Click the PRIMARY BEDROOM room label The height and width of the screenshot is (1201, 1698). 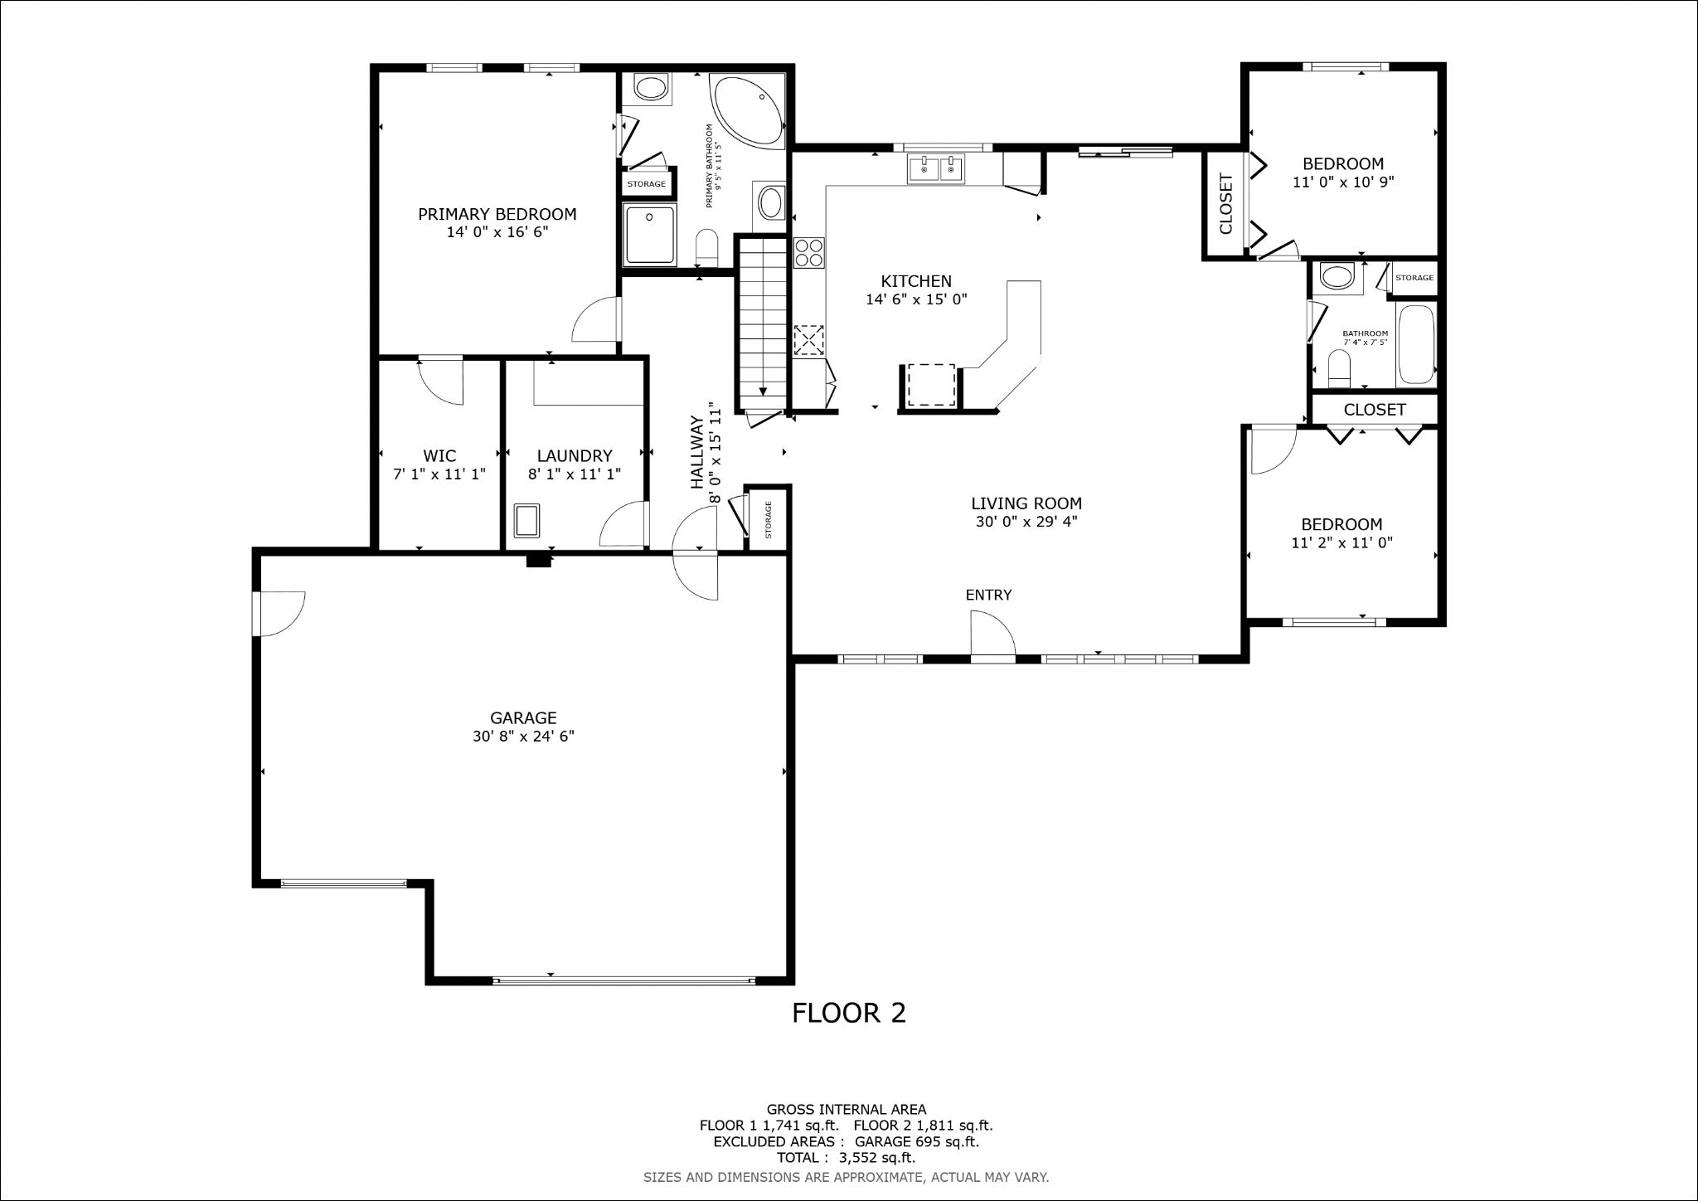(497, 214)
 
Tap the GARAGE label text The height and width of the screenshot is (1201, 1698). (523, 718)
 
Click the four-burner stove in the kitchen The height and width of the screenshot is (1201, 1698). (809, 252)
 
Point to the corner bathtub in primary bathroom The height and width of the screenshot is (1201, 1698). (747, 113)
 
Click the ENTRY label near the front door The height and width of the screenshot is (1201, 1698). (988, 595)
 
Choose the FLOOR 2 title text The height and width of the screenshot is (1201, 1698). (849, 1013)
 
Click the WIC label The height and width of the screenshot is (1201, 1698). (439, 456)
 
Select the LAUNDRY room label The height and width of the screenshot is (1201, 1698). (575, 456)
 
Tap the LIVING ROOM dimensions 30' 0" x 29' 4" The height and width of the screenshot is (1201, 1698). (1026, 522)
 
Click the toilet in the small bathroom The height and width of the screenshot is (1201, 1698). (1340, 369)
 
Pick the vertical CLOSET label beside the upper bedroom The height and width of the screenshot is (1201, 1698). (1226, 204)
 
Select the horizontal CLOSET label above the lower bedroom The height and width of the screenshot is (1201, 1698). (1375, 410)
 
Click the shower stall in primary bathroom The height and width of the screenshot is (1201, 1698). (650, 235)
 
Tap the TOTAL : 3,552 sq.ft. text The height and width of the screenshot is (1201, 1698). (846, 1158)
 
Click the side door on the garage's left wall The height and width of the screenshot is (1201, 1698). (280, 614)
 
